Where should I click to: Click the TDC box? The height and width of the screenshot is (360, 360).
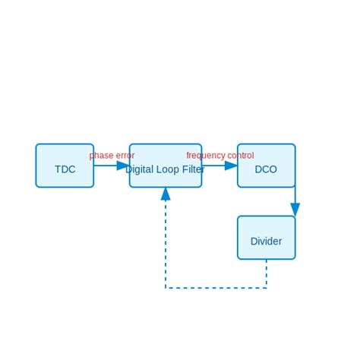click(65, 166)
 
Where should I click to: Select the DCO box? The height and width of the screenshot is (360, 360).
click(266, 166)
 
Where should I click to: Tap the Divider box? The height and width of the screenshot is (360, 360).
click(266, 237)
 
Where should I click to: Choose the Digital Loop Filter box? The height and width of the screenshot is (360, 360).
click(166, 178)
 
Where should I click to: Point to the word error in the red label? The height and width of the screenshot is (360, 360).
click(125, 156)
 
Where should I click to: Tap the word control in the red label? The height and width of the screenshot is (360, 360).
click(241, 156)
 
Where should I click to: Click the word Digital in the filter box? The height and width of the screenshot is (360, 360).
click(141, 169)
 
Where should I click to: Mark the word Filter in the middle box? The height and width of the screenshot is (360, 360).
click(193, 169)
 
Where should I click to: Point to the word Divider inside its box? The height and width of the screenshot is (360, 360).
click(266, 242)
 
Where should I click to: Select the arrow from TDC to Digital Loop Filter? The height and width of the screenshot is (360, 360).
click(106, 166)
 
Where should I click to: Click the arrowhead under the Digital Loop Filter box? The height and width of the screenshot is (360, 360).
click(166, 194)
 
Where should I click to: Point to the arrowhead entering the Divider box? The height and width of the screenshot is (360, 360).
click(295, 210)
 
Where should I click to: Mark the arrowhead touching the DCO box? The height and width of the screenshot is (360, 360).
click(231, 166)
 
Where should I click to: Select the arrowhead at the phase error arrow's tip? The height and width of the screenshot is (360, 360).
click(123, 166)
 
